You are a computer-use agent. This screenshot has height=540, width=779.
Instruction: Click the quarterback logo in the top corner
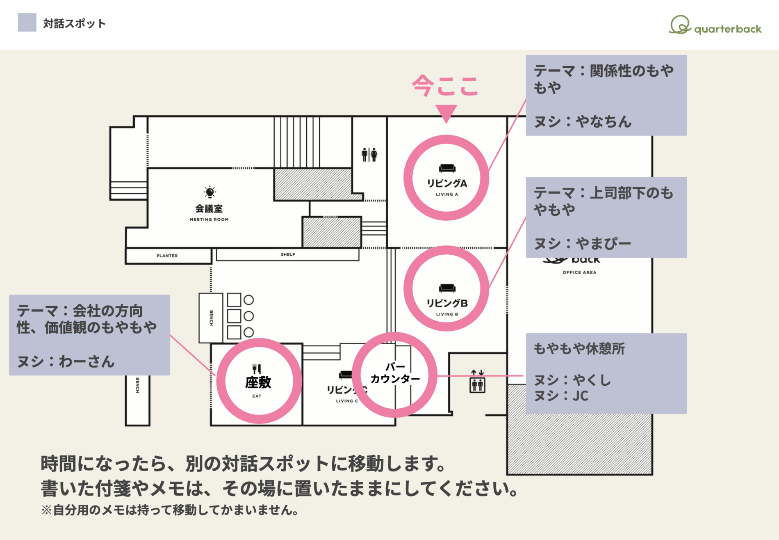tap(715, 25)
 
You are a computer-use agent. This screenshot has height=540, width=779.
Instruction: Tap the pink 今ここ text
tap(445, 86)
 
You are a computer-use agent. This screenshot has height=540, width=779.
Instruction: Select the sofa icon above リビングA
tap(447, 168)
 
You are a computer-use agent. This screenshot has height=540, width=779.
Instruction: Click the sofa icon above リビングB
tap(447, 288)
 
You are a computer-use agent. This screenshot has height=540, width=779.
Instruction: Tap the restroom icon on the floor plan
tap(369, 155)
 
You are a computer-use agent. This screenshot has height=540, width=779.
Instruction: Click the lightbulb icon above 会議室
tap(210, 192)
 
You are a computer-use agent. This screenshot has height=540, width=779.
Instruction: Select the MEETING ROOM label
tap(209, 220)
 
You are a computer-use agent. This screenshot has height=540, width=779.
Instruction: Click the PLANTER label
tap(167, 256)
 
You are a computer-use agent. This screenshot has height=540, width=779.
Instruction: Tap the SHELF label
tap(288, 254)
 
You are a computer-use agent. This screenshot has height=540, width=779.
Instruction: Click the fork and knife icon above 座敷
tap(257, 368)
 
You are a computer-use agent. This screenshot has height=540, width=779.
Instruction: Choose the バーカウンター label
tap(395, 373)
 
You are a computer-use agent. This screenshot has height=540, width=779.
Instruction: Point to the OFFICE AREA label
tap(579, 272)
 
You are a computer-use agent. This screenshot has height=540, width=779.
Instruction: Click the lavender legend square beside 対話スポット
tap(27, 23)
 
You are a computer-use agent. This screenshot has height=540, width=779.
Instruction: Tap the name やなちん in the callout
tap(604, 121)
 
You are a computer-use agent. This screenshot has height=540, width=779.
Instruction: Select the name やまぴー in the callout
tap(604, 244)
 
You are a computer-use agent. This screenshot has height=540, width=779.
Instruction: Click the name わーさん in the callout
tap(87, 362)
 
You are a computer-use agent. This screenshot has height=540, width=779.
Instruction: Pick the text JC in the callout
tap(580, 396)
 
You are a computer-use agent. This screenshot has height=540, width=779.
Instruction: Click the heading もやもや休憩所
tap(579, 348)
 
